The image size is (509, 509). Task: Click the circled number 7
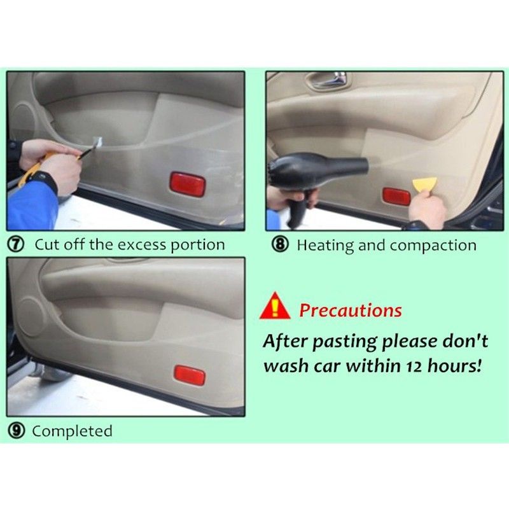(x=15, y=244)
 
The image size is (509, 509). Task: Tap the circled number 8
(x=280, y=245)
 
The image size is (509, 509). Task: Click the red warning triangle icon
(x=275, y=305)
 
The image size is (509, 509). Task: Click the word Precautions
(x=351, y=310)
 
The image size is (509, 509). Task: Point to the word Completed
(x=72, y=431)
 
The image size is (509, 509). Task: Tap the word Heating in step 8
(x=325, y=246)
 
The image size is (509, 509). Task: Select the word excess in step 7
(x=143, y=245)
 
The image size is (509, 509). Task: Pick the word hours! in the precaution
(x=454, y=365)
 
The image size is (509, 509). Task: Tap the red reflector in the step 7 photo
(x=188, y=184)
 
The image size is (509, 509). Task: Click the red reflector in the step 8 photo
(x=396, y=196)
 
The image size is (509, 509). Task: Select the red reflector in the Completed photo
(x=190, y=375)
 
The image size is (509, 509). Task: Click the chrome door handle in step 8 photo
(x=331, y=80)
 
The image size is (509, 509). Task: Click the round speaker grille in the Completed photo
(x=30, y=317)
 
